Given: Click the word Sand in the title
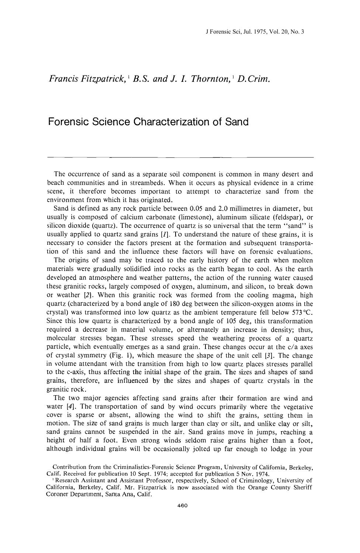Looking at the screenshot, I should click(236, 122).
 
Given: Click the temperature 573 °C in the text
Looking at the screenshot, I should click(302, 313).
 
